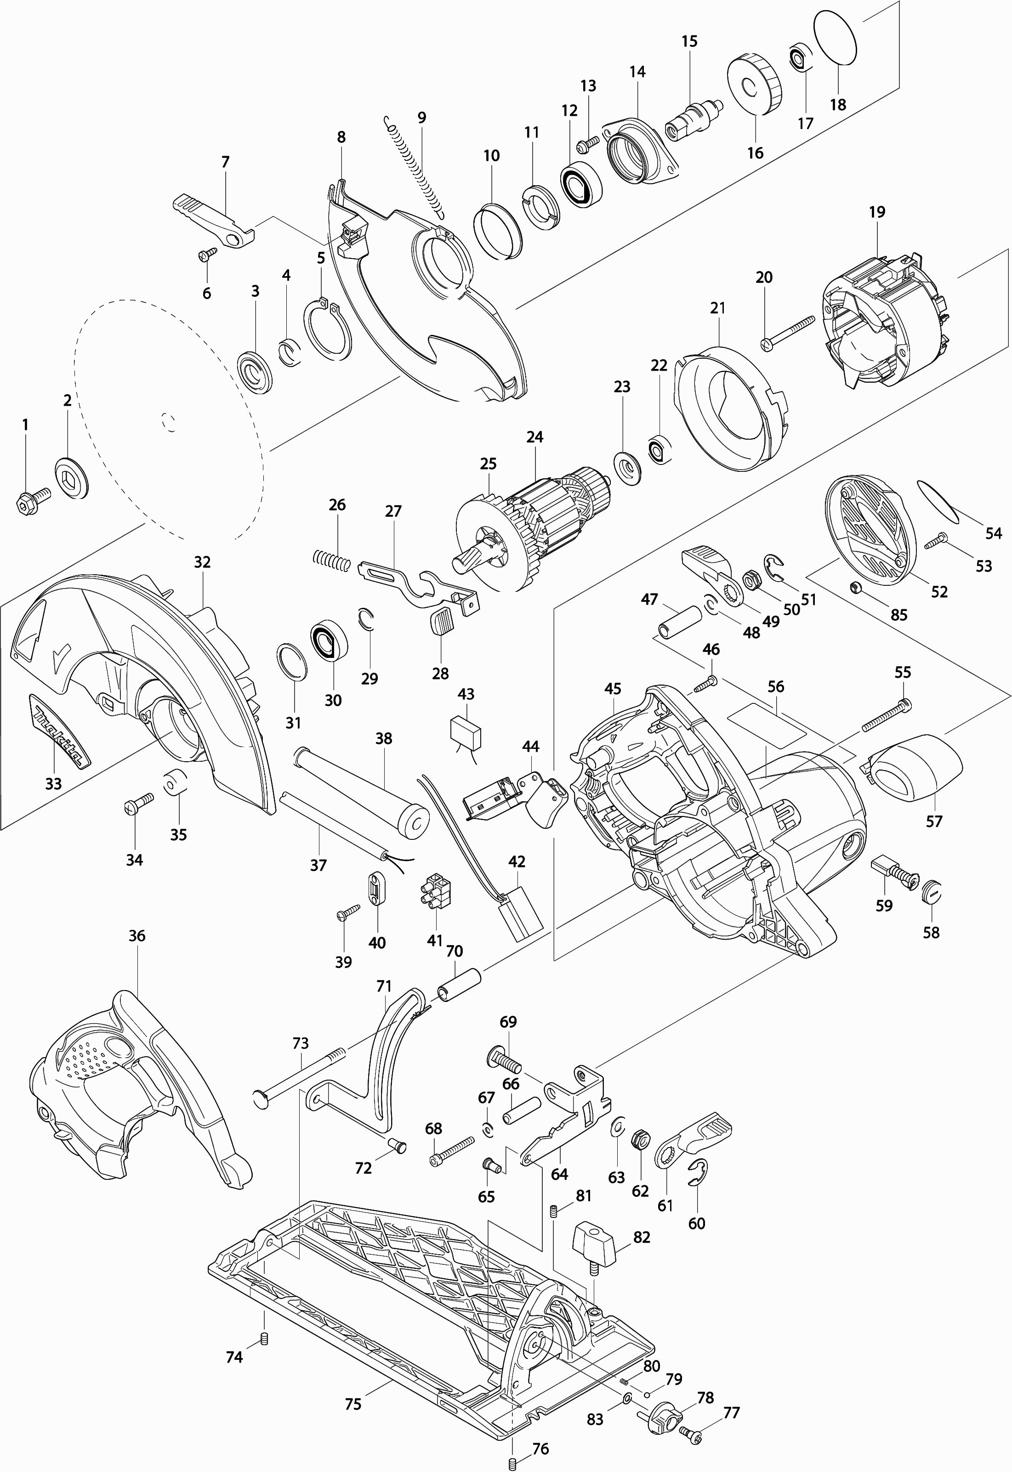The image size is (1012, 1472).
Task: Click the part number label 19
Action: pos(877,212)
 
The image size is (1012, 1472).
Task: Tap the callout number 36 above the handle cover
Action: pos(137,936)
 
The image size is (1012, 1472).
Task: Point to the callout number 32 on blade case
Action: pos(202,562)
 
